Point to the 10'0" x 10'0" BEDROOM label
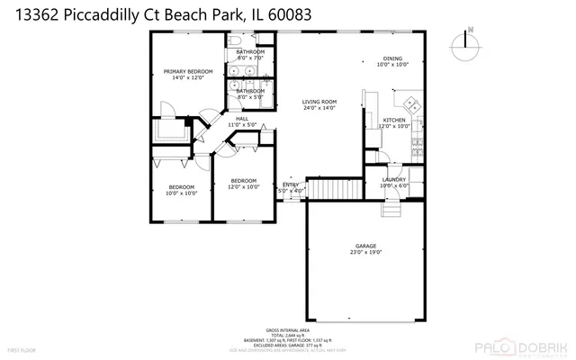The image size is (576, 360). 182,189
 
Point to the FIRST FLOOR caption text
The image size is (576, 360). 22,349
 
